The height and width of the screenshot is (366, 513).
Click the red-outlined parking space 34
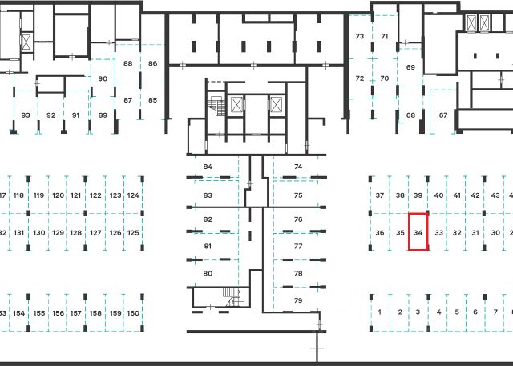(x=418, y=232)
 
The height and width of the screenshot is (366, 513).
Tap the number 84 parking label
(x=208, y=167)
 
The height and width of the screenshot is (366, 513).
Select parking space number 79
(x=298, y=300)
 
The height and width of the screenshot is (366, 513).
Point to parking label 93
(x=26, y=115)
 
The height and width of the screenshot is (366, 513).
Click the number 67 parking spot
(x=443, y=115)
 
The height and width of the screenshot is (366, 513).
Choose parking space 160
(x=133, y=313)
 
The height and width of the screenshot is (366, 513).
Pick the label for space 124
(x=133, y=195)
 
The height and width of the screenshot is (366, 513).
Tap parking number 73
(x=360, y=37)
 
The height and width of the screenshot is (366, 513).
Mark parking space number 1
(x=380, y=312)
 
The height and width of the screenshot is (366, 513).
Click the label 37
(x=380, y=195)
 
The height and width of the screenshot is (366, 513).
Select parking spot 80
(x=208, y=274)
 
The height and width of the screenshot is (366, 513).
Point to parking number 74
(x=298, y=167)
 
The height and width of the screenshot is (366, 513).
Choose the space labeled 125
(x=133, y=232)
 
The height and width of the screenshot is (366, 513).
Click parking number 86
(x=152, y=63)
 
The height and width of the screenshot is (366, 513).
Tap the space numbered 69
(x=410, y=68)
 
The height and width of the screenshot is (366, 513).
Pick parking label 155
(x=38, y=313)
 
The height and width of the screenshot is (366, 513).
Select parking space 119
(x=38, y=195)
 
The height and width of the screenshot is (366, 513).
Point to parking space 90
(x=103, y=79)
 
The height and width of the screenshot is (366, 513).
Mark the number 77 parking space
(x=298, y=247)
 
